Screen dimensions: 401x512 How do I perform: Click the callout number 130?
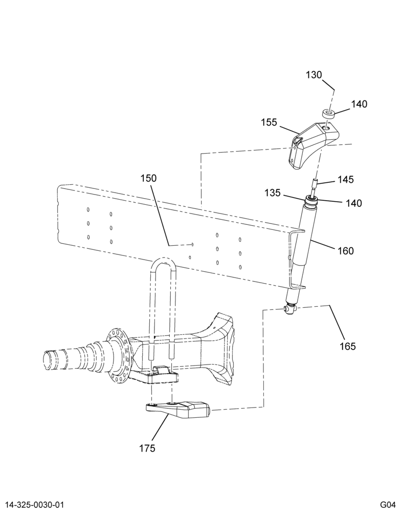(x=314, y=75)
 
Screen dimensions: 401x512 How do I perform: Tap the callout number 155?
(x=269, y=123)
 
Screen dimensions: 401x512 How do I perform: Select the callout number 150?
(x=148, y=178)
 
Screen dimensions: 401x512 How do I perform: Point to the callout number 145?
(x=346, y=179)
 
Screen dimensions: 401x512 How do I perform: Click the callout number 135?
(x=273, y=193)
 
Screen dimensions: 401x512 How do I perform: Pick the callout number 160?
(x=346, y=251)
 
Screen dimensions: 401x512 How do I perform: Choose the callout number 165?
(x=347, y=346)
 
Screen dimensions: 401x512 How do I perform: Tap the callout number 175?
(x=147, y=449)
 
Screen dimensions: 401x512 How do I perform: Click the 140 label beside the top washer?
(x=359, y=104)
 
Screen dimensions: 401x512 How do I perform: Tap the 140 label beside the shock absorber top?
(x=354, y=203)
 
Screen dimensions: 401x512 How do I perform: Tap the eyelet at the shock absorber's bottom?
(x=289, y=309)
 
